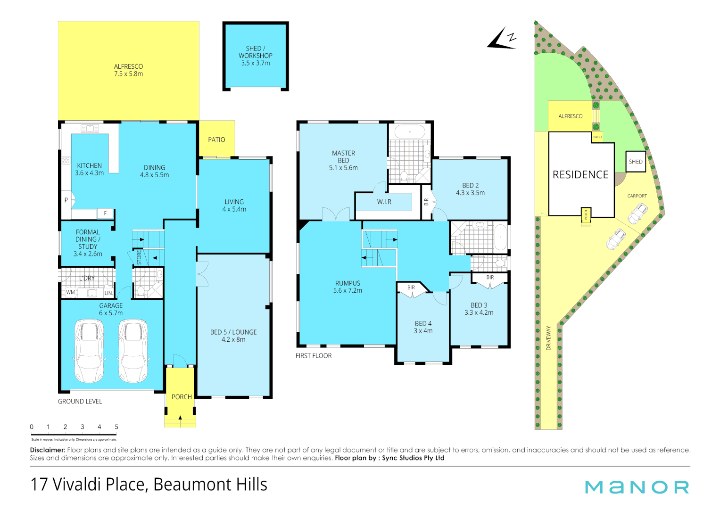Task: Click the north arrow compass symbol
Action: coord(502,39)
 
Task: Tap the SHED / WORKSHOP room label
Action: coord(255,56)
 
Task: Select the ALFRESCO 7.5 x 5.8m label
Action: coord(128,70)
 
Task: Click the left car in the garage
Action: coord(90,351)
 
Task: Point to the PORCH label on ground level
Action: coord(182,397)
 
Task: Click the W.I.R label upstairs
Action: coord(384,202)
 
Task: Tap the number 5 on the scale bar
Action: coord(116,427)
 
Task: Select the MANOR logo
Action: coord(637,487)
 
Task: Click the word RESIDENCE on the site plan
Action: coord(580,175)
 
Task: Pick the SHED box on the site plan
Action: coord(635,162)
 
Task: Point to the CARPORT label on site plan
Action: coord(637,196)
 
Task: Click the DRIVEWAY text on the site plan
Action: coord(548,337)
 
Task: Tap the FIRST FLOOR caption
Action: coord(314,356)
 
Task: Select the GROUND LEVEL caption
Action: coord(80,402)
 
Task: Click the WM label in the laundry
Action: coord(70,293)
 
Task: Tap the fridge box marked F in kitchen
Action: coord(105,213)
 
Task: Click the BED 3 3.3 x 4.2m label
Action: coord(479,309)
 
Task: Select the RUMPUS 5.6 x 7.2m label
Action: coord(348,287)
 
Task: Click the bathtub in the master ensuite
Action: coord(410,132)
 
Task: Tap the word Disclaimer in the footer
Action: coord(47,450)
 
